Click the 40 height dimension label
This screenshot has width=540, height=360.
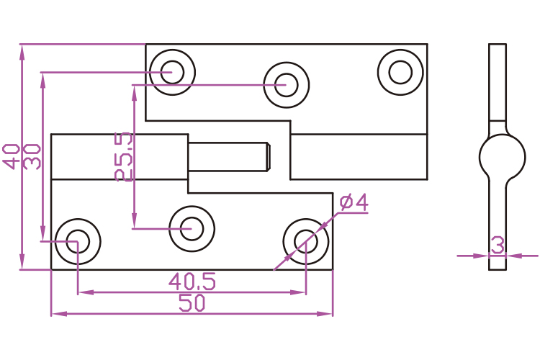coord(11,156)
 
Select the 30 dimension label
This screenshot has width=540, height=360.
coord(32,156)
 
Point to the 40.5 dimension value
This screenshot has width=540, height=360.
coord(192,281)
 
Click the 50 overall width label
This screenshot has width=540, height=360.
coord(192,303)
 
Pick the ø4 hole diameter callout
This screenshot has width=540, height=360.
coord(354,203)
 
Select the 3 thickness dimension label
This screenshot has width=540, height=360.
coord(497,245)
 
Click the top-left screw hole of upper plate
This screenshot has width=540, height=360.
coord(172,72)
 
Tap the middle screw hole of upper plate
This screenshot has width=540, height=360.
coord(286,84)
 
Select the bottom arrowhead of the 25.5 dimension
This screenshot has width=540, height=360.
coord(134,223)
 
